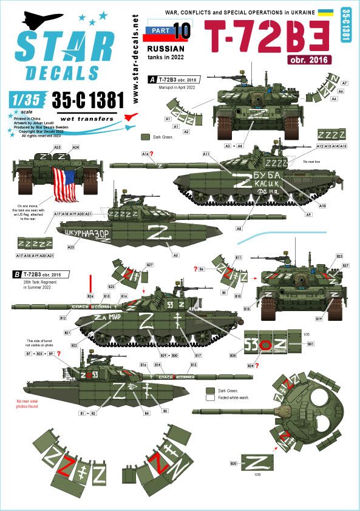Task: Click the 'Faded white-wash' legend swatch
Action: coord(210,398)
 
